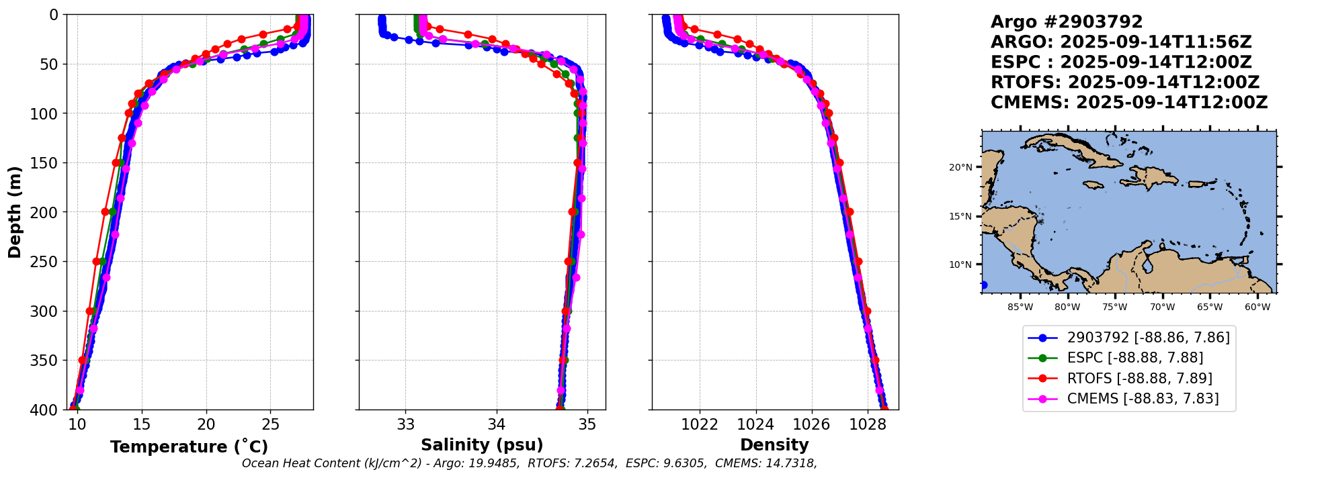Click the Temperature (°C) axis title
189,446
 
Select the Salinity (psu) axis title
482,444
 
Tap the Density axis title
774,444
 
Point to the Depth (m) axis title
15,211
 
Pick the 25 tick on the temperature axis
270,424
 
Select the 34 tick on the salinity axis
497,424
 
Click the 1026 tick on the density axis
811,424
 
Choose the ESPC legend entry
1134,358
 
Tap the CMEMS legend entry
1143,399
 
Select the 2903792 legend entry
1148,338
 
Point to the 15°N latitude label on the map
960,216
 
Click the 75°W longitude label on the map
1114,307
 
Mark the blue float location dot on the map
983,285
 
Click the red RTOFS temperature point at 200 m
106,211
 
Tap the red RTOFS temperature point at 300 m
90,311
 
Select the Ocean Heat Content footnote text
529,463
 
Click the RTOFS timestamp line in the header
1125,83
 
